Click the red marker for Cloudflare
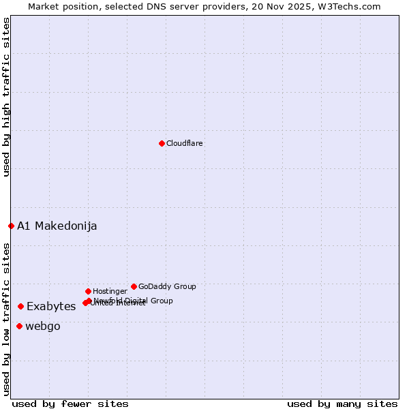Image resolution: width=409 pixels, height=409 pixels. [x=162, y=143]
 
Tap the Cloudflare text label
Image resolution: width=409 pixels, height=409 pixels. [x=185, y=144]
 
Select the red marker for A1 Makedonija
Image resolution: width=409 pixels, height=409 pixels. [x=11, y=226]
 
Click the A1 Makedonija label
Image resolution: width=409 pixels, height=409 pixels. [x=57, y=226]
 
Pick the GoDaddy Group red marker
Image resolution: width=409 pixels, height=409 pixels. [x=134, y=286]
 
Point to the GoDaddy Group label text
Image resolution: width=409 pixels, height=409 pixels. [x=167, y=287]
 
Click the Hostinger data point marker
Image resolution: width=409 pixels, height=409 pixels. [x=88, y=291]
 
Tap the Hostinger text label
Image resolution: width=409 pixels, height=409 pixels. [x=110, y=292]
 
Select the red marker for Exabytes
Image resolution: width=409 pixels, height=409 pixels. [x=20, y=307]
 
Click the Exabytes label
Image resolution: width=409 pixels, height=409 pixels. [x=51, y=307]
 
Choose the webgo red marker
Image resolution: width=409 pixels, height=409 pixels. [x=19, y=326]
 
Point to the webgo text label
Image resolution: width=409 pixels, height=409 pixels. [x=43, y=327]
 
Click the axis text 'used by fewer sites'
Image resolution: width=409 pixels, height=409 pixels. [x=70, y=404]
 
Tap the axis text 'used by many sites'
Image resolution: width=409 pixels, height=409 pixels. [x=342, y=404]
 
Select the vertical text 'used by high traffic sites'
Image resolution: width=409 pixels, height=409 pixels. [x=6, y=97]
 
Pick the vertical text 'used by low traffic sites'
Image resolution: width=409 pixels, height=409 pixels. [x=6, y=318]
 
